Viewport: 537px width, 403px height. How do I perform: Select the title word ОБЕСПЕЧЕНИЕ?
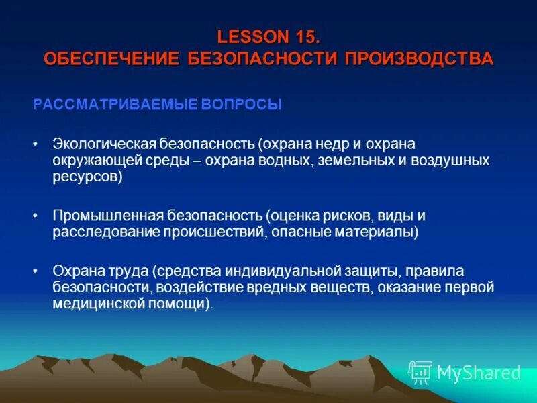[111, 58]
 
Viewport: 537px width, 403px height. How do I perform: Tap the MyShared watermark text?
[479, 373]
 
